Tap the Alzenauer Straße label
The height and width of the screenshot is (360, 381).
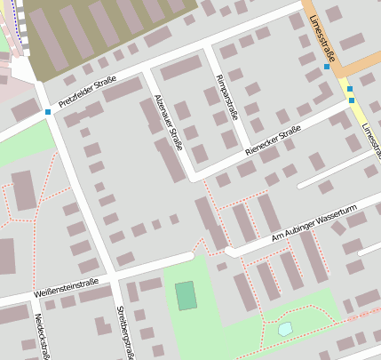tap(168, 122)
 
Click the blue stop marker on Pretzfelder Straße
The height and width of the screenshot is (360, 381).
tap(47, 112)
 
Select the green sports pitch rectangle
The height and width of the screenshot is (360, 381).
tap(186, 295)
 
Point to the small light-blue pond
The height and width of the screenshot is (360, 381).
tap(284, 329)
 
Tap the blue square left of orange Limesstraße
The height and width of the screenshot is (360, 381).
tap(327, 67)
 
